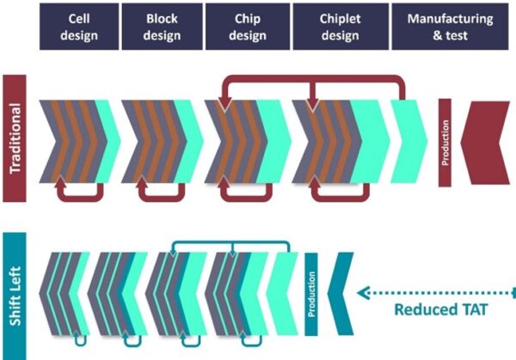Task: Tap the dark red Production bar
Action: tap(445, 143)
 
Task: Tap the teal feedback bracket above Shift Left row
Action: tap(227, 246)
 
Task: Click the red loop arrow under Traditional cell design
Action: tap(82, 197)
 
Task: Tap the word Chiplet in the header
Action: tap(339, 17)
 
